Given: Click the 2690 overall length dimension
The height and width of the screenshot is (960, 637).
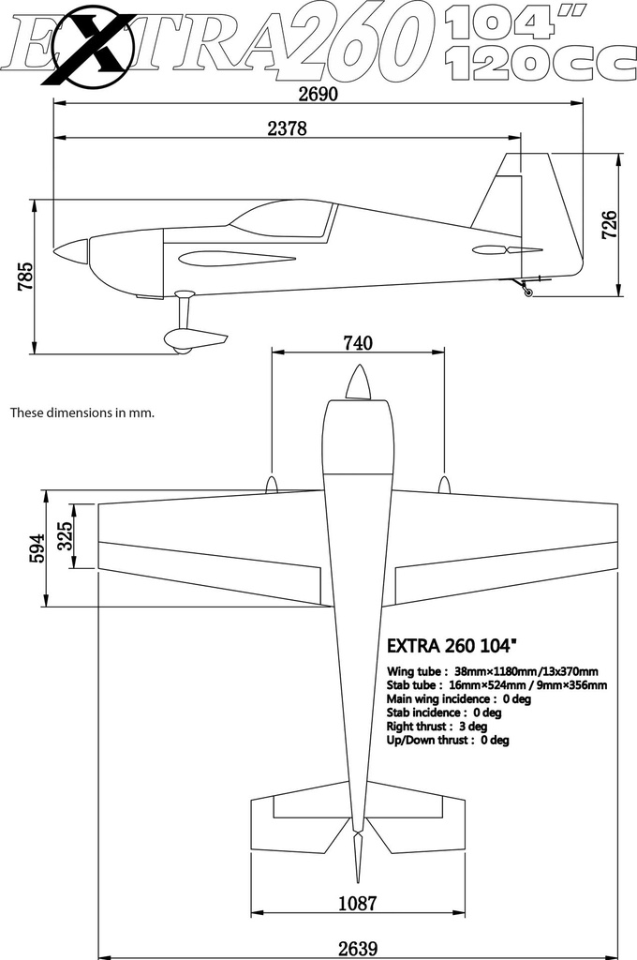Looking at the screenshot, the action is pyautogui.click(x=318, y=95).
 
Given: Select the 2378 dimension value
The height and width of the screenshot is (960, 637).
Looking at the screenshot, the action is pyautogui.click(x=287, y=128).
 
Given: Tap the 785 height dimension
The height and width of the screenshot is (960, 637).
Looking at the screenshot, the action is pyautogui.click(x=24, y=277).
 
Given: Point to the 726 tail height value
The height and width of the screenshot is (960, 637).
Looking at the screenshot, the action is pyautogui.click(x=610, y=225).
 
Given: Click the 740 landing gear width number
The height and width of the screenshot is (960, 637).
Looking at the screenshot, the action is pyautogui.click(x=357, y=343).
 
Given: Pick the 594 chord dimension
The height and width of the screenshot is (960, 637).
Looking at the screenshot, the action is pyautogui.click(x=37, y=548).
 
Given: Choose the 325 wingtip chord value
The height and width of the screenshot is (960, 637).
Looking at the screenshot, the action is pyautogui.click(x=65, y=535).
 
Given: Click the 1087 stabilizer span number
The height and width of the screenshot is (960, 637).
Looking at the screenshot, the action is pyautogui.click(x=357, y=903).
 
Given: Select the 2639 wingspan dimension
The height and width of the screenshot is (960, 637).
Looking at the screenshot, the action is pyautogui.click(x=357, y=949).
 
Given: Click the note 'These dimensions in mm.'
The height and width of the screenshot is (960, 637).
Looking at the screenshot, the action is pyautogui.click(x=82, y=412).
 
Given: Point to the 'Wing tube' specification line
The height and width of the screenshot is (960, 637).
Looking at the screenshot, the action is pyautogui.click(x=492, y=671).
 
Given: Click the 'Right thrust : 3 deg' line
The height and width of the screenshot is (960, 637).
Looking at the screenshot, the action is pyautogui.click(x=437, y=727).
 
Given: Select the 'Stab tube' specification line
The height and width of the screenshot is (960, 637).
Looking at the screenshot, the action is pyautogui.click(x=496, y=685).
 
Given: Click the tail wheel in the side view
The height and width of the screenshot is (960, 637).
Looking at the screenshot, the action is pyautogui.click(x=528, y=292).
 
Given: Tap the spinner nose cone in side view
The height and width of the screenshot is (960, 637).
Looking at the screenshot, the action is pyautogui.click(x=71, y=251).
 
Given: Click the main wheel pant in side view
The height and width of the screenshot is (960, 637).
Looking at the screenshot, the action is pyautogui.click(x=195, y=340).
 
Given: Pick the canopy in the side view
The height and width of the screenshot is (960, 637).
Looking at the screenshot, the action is pyautogui.click(x=281, y=218).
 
